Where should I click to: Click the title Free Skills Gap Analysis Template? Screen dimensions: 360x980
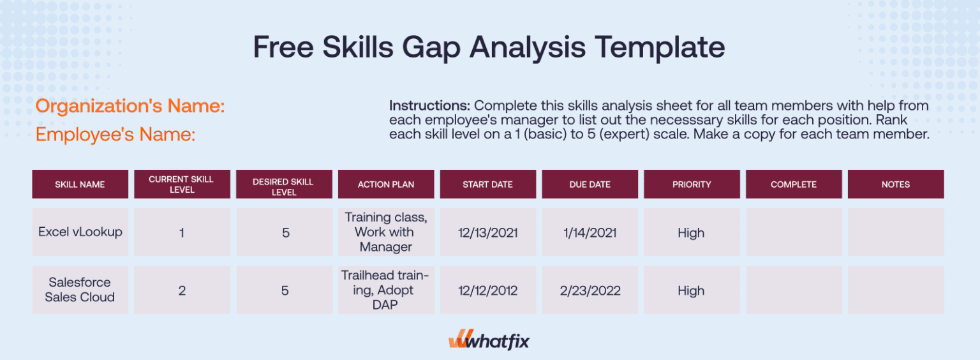[x=489, y=49]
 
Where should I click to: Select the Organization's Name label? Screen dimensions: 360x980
[x=130, y=106]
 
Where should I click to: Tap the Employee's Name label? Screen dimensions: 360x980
[x=115, y=135]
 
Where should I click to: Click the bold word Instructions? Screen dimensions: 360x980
[x=429, y=105]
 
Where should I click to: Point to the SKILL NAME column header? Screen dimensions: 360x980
[x=80, y=184]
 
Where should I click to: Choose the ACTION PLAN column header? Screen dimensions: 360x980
[x=386, y=184]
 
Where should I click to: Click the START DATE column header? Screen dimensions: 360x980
[x=487, y=184]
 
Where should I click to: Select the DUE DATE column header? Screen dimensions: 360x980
[x=590, y=184]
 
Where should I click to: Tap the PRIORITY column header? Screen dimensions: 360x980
[x=692, y=184]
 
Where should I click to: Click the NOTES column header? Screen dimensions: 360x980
[x=896, y=184]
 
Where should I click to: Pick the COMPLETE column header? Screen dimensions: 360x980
[x=794, y=184]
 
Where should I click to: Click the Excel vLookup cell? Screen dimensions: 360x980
[x=80, y=232]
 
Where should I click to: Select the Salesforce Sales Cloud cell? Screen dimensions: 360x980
[x=80, y=290]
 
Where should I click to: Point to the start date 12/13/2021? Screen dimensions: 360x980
[x=487, y=233]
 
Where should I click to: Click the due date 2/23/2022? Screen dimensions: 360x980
[x=590, y=290]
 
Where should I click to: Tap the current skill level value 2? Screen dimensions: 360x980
[x=182, y=290]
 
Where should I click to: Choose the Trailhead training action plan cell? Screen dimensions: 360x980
[x=386, y=290]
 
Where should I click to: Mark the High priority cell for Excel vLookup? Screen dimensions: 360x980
[x=692, y=233]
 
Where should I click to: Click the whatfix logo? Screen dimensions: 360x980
[x=489, y=341]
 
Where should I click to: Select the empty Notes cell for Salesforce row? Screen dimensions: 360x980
[x=896, y=290]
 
